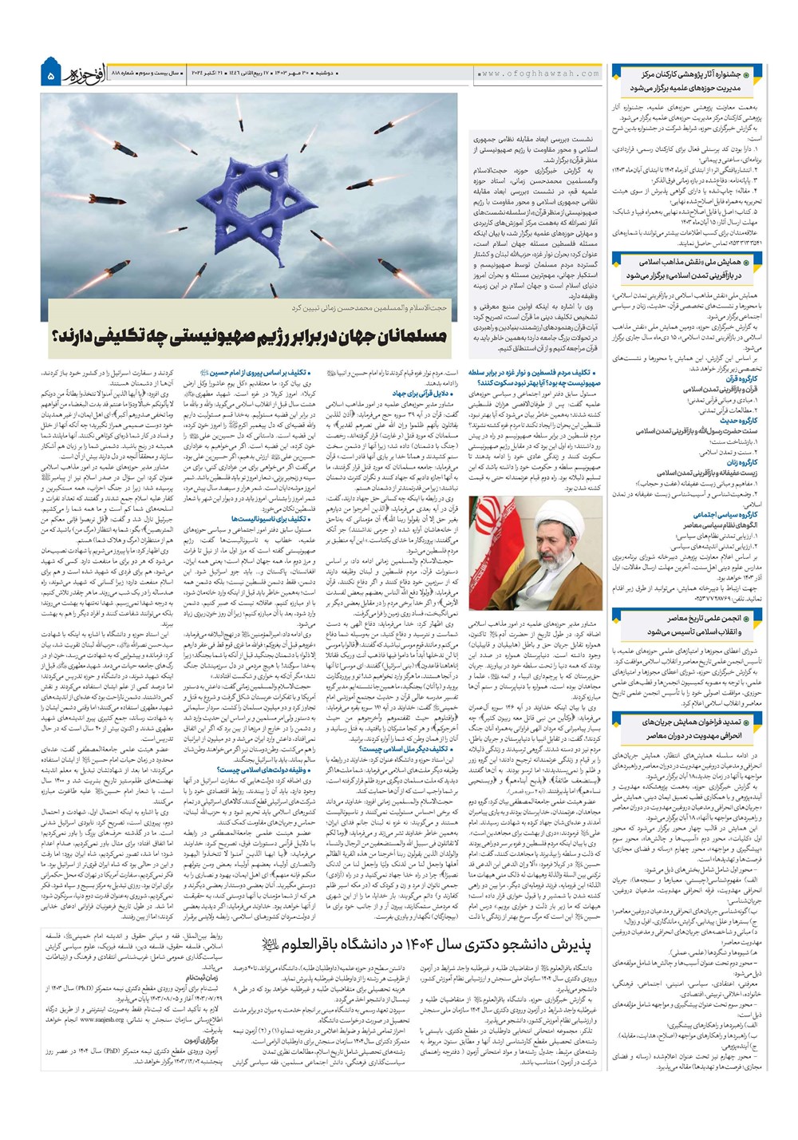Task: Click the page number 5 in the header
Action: pyautogui.click(x=50, y=77)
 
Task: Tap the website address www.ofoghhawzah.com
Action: pyautogui.click(x=539, y=73)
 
